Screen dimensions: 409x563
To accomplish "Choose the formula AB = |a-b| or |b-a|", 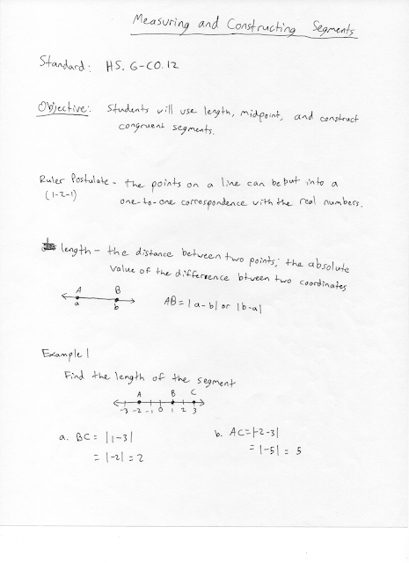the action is coord(215,302).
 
